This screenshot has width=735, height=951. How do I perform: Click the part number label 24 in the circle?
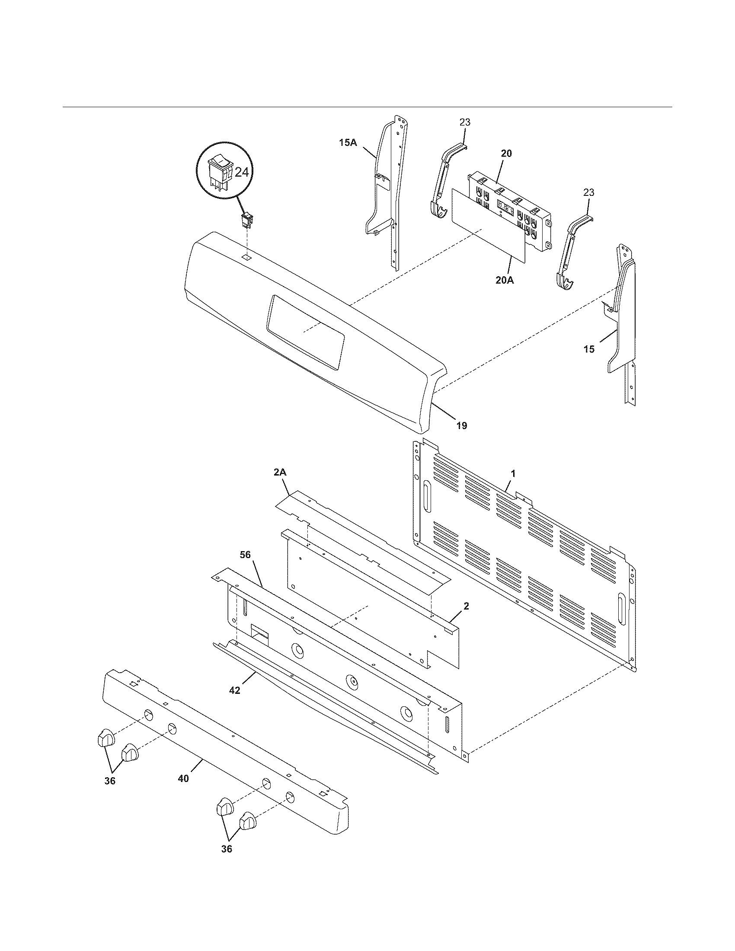point(242,172)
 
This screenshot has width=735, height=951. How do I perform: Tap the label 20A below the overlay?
point(504,281)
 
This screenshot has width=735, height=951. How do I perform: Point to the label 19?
point(462,425)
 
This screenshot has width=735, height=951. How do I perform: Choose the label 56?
point(245,554)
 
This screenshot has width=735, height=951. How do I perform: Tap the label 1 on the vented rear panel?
point(513,473)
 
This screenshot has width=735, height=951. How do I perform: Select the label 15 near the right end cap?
point(589,349)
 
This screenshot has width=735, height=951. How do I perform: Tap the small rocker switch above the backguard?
point(247,220)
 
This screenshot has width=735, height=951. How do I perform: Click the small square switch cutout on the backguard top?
point(246,258)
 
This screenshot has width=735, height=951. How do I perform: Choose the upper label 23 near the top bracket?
point(465,122)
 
